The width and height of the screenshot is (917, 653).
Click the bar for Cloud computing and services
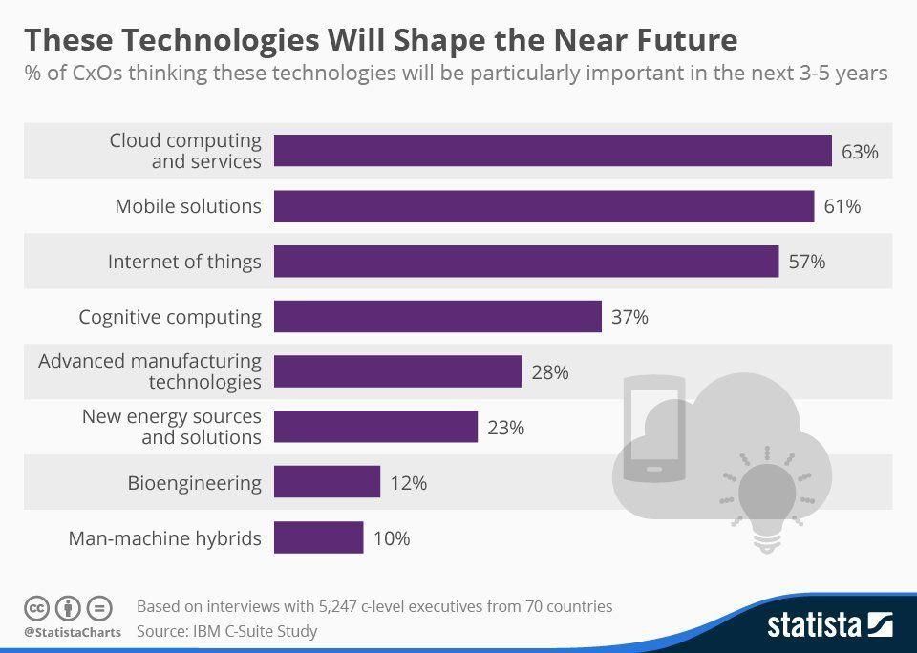click(552, 151)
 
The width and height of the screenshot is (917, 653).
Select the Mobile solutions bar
click(544, 206)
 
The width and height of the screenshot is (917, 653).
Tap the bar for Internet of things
click(525, 262)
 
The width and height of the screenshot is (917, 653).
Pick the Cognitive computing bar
click(437, 317)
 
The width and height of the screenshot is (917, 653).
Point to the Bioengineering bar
click(327, 483)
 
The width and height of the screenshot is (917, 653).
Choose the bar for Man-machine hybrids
click(318, 538)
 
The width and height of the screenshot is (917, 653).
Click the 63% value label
click(860, 151)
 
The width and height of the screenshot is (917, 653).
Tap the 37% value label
click(629, 317)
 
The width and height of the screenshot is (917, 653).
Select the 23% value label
click(505, 428)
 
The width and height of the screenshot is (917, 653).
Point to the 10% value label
click(392, 538)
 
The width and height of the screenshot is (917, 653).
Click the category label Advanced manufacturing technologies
click(150, 371)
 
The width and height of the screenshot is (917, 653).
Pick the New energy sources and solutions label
click(171, 427)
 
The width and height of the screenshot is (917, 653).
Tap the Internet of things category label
click(184, 262)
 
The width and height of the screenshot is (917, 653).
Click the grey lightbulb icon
click(766, 501)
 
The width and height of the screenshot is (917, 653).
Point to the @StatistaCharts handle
click(73, 632)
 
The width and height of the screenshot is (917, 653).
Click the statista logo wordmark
click(814, 625)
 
